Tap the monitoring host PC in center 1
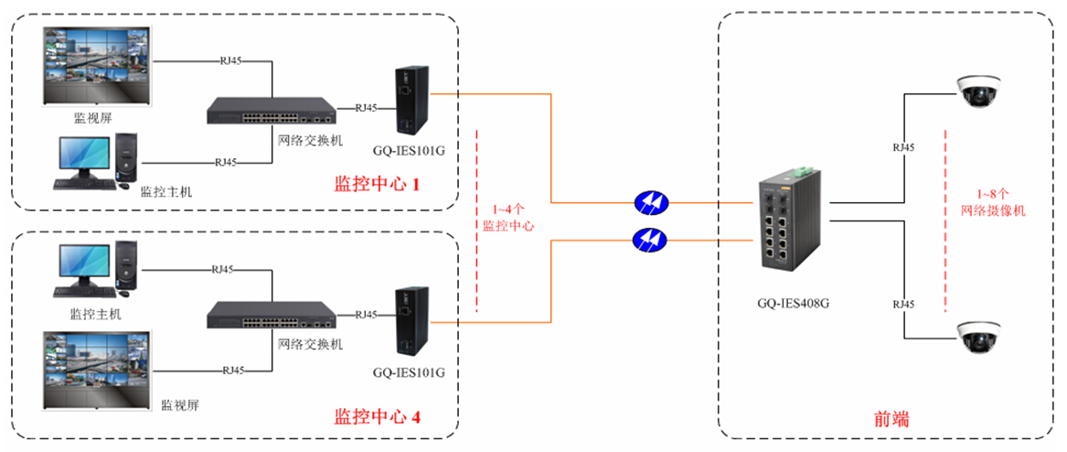pyautogui.click(x=95, y=161)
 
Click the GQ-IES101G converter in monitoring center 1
pyautogui.click(x=408, y=102)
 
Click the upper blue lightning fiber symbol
pyautogui.click(x=650, y=202)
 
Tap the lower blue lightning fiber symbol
pyautogui.click(x=650, y=240)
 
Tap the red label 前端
pyautogui.click(x=887, y=419)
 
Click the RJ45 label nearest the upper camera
pyautogui.click(x=903, y=146)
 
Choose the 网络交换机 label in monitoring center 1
pyautogui.click(x=310, y=140)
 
